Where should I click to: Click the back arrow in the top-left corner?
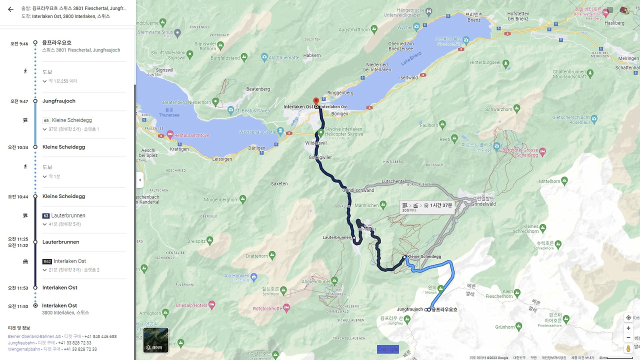(10, 9)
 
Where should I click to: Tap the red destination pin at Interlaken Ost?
(315, 101)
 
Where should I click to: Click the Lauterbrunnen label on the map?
(337, 237)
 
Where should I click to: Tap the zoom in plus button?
(628, 328)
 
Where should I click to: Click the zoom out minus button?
(628, 337)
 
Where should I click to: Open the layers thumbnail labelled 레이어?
(155, 340)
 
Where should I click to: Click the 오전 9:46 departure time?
(19, 43)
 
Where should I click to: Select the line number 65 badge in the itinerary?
(46, 120)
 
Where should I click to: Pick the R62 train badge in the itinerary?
(47, 261)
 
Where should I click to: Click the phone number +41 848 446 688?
(100, 336)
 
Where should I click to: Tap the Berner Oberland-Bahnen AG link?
(34, 336)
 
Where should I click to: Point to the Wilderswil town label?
(316, 143)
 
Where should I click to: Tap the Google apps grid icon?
(610, 9)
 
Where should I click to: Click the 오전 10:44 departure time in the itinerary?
(19, 196)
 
